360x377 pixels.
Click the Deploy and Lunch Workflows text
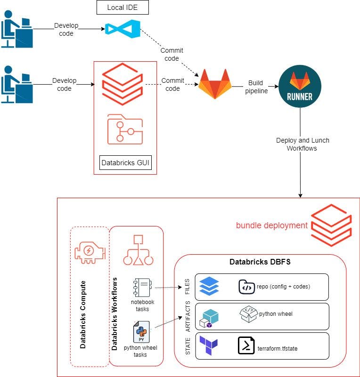coord(302,144)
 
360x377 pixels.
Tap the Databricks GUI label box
coord(125,163)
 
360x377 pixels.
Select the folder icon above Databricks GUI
coord(124,128)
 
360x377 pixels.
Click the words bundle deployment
coord(272,225)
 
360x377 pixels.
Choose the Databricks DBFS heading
coord(260,262)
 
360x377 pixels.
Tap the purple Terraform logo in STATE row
coord(208,346)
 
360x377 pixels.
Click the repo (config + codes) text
coord(284,287)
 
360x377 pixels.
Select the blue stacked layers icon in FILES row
coord(209,286)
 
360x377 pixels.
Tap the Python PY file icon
coord(142,331)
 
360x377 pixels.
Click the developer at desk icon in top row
coord(16,29)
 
